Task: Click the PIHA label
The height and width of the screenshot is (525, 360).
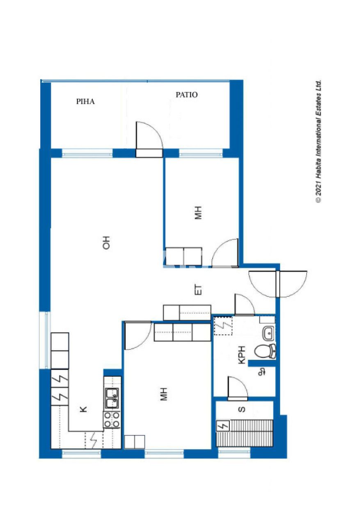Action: [85, 102]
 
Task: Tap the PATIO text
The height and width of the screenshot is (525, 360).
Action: [186, 95]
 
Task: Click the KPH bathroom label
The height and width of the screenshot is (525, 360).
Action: [242, 355]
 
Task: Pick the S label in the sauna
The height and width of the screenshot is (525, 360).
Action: [242, 409]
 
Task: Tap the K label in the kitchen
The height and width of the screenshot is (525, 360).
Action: [83, 409]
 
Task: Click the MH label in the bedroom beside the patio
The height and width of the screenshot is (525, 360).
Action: [198, 213]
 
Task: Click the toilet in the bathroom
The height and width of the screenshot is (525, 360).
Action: [265, 351]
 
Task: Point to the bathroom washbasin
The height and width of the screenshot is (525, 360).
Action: [269, 333]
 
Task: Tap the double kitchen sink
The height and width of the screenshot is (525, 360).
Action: [112, 398]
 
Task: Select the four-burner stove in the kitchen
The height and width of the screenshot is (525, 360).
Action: [112, 420]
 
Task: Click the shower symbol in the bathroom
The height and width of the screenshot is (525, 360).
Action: [261, 372]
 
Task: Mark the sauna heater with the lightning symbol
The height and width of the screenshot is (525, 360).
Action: [222, 426]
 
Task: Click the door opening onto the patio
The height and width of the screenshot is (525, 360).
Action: [149, 139]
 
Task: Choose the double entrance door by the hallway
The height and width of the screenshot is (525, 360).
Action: [278, 284]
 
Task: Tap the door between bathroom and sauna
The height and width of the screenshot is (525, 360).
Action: [238, 388]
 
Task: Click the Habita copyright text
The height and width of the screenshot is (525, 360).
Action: [318, 142]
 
